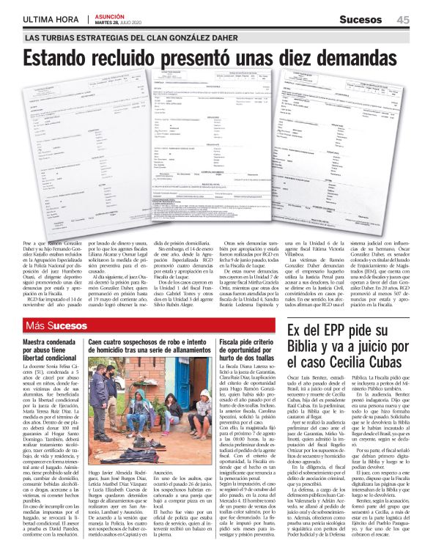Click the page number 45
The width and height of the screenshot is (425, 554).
pyautogui.click(x=402, y=20)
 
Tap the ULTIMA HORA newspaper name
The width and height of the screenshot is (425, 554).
pyautogui.click(x=51, y=20)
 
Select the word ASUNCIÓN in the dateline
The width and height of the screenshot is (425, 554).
pyautogui.click(x=111, y=17)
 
